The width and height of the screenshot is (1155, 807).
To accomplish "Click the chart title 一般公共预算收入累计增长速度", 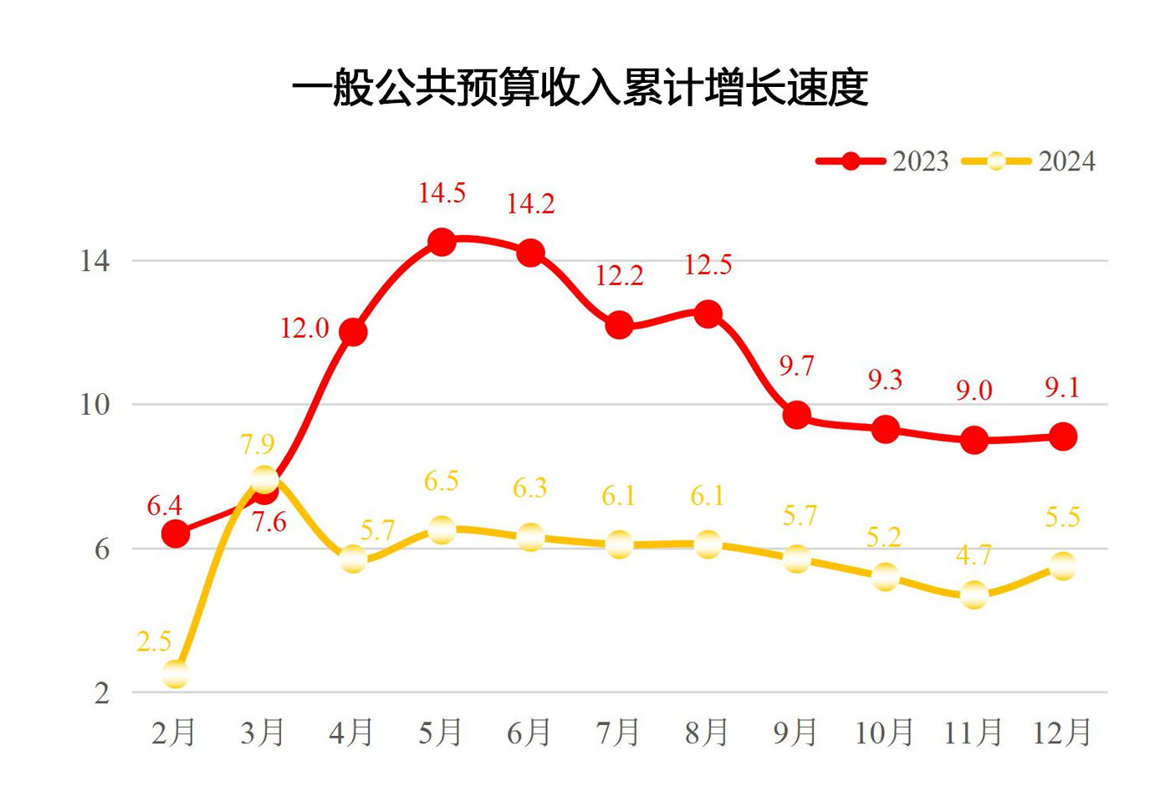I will (580, 88).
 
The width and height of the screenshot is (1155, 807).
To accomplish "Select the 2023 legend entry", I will (883, 161).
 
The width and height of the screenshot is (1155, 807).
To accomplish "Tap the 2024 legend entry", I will (1030, 161).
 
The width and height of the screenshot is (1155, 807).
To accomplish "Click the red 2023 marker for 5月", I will (442, 243).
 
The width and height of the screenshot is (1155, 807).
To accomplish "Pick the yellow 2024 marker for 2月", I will (176, 673).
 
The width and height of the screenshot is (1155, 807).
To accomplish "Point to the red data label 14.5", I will (442, 193).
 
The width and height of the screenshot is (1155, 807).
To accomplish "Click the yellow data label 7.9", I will (258, 444).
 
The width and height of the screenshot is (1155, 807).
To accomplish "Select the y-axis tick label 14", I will (95, 261).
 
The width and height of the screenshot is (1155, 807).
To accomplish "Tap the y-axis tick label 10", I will (95, 405).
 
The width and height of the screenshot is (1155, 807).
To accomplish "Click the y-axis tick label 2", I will (102, 692).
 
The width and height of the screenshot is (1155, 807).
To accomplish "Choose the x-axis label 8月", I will (707, 733).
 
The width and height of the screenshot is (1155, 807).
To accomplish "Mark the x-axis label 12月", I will (1062, 733).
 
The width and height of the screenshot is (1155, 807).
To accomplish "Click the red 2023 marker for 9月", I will (797, 415).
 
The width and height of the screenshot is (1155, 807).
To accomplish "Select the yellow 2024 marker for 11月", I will (974, 595).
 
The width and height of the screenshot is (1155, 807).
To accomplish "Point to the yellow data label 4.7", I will (974, 555).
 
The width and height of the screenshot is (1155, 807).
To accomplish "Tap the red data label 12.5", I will (708, 265).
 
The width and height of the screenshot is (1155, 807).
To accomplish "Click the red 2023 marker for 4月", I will (353, 332).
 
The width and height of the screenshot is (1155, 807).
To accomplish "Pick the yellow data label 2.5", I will (154, 641).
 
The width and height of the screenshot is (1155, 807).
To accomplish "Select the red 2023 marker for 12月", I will (1063, 437).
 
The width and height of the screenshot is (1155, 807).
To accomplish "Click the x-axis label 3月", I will (263, 733).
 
